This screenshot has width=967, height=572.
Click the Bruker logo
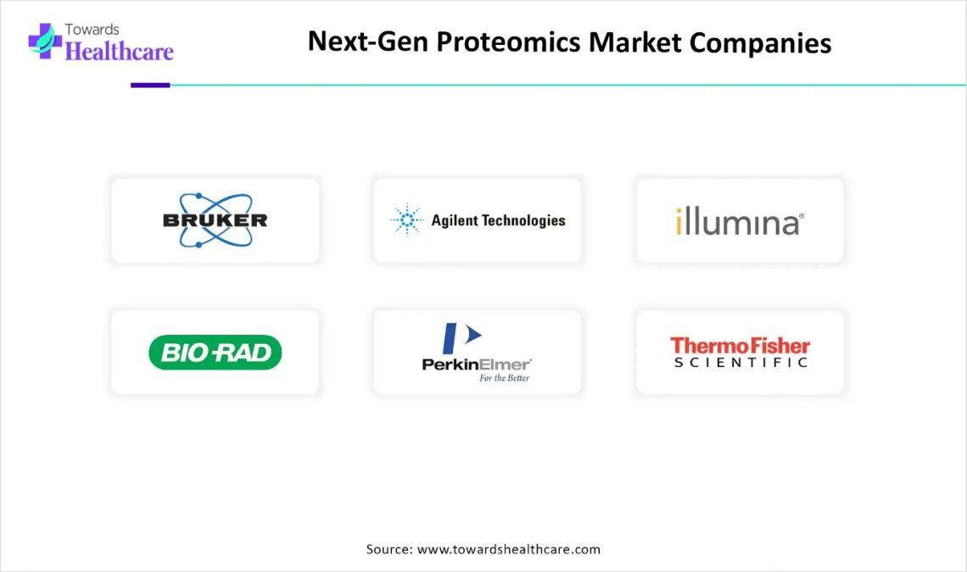215,220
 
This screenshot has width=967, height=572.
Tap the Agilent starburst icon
407,219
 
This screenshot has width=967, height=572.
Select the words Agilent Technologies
498,220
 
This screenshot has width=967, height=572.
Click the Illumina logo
740,221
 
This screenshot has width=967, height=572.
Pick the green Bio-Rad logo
215,353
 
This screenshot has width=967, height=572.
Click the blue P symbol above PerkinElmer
461,338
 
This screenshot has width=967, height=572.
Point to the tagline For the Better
505,378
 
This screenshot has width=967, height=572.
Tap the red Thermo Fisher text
740,345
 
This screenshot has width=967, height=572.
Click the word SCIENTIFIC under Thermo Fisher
741,363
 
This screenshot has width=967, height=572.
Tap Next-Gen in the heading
367,42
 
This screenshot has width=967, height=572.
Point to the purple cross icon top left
45,42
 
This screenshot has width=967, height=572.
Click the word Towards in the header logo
92,29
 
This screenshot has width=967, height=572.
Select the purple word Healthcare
119,51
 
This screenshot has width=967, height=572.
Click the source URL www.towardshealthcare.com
509,549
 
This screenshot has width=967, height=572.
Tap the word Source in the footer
389,549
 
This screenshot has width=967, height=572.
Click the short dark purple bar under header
150,85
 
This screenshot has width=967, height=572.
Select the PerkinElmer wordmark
476,364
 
